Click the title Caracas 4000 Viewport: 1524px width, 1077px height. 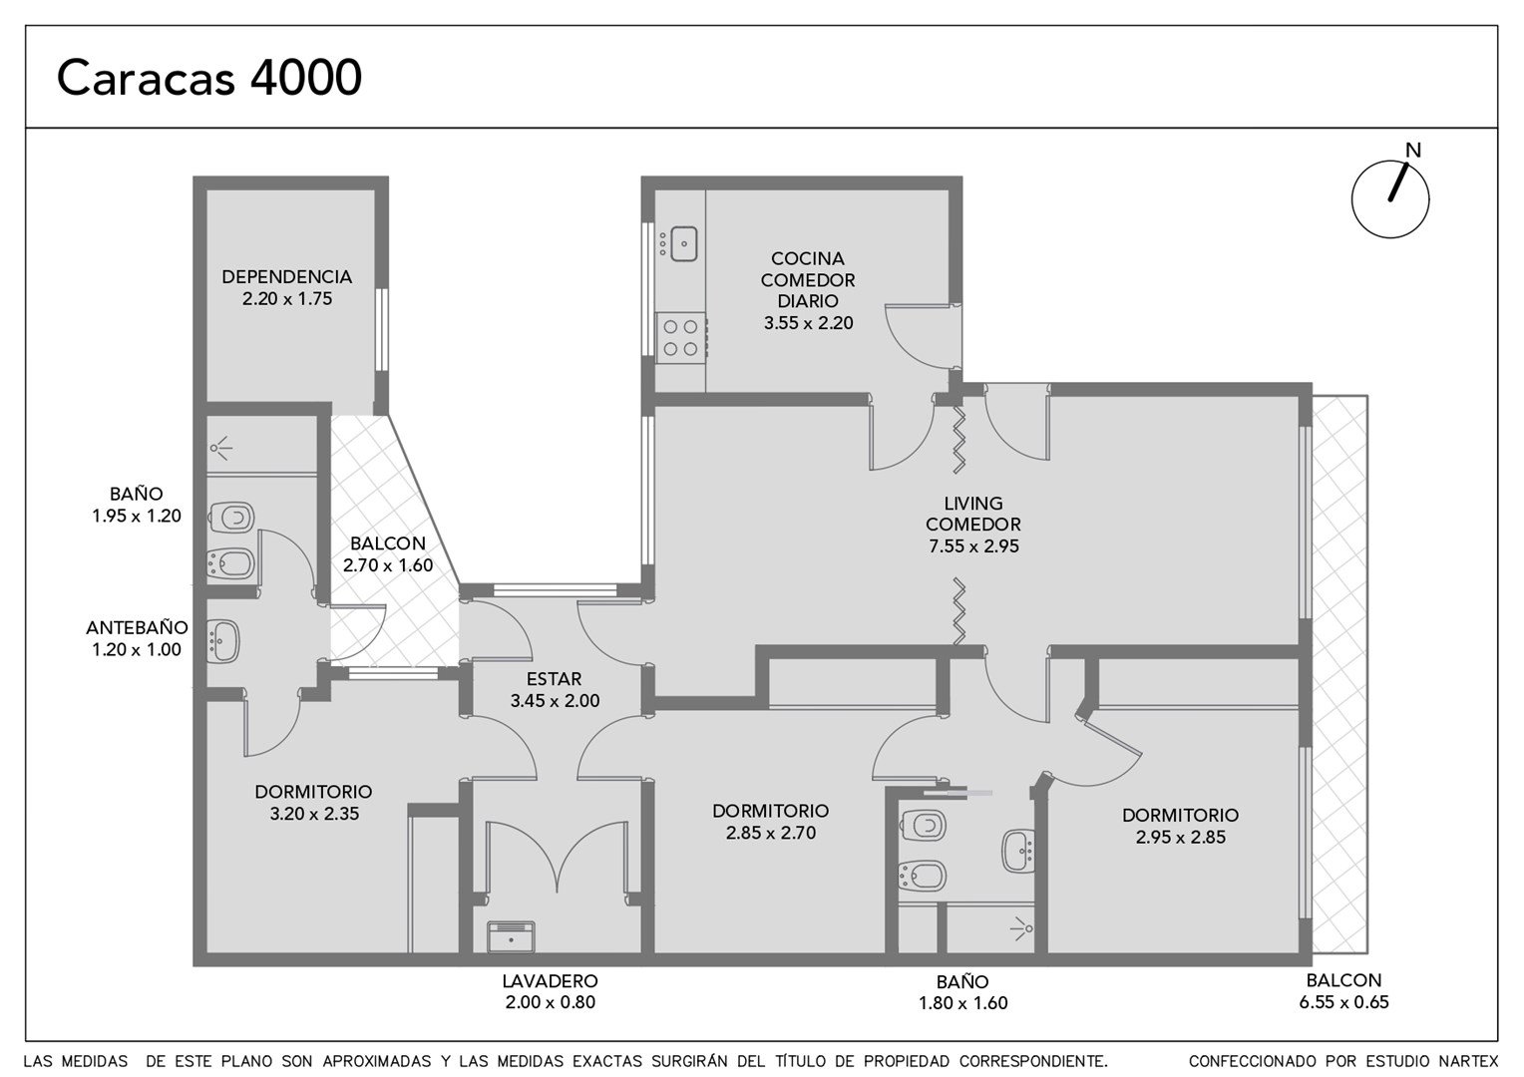(x=208, y=78)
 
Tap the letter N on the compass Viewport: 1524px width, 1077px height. (x=1413, y=151)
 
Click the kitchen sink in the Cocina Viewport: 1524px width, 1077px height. (x=684, y=244)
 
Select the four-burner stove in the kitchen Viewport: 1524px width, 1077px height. (x=680, y=338)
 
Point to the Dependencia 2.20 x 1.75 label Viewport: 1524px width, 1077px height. (x=287, y=288)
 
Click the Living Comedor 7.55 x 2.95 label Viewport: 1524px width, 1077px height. (x=973, y=525)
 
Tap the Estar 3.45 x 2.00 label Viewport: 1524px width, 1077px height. (x=555, y=690)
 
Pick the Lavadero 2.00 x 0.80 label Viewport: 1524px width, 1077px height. (x=551, y=991)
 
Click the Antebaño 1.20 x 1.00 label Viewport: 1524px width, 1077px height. (x=137, y=638)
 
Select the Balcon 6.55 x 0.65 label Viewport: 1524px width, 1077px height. (x=1343, y=990)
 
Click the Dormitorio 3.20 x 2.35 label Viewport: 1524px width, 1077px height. (x=313, y=802)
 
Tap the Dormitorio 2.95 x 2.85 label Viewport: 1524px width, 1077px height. (x=1181, y=826)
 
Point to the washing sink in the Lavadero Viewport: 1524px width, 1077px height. (x=511, y=936)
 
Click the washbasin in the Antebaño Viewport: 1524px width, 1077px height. (x=222, y=641)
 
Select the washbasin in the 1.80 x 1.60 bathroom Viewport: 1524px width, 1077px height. (x=1019, y=851)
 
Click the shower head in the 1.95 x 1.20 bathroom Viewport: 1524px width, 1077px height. (x=220, y=448)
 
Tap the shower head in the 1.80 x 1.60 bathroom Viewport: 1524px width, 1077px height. (x=1022, y=928)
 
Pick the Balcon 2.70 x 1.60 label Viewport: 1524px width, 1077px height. (x=388, y=554)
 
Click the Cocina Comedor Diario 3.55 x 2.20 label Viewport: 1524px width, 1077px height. (x=808, y=290)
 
